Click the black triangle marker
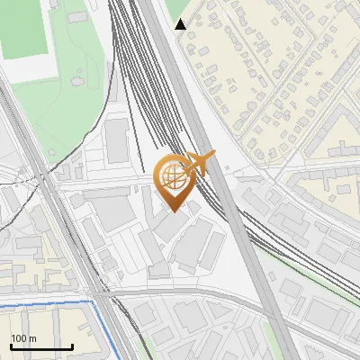[x=181, y=24]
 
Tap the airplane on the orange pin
[x=199, y=164]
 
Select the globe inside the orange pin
[x=173, y=176]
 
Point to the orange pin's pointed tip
[x=173, y=211]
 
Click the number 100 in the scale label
[x=19, y=338]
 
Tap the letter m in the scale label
[x=33, y=338]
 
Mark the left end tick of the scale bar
[x=11, y=346]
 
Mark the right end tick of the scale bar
[x=72, y=346]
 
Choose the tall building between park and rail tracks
[x=117, y=139]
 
